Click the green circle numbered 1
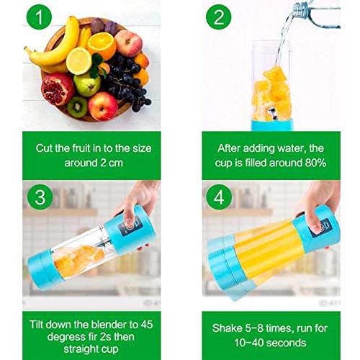tap(39, 17)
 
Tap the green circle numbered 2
tap(218, 17)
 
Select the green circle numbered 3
tap(40, 197)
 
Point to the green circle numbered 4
tap(219, 197)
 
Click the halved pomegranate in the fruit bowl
tap(57, 89)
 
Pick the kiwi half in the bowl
tap(77, 107)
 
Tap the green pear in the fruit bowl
tap(87, 84)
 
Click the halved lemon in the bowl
tap(78, 61)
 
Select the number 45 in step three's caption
tap(147, 325)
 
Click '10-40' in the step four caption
tap(248, 343)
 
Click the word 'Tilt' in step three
tap(36, 325)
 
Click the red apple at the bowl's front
tap(103, 107)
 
